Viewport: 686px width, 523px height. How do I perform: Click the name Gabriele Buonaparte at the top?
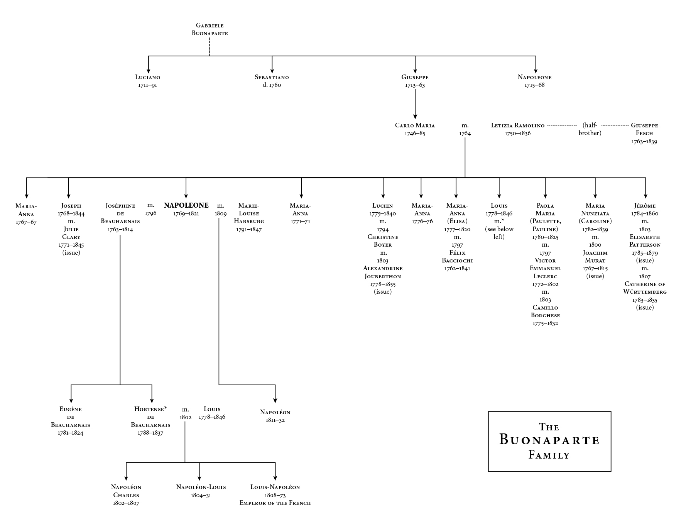(210, 29)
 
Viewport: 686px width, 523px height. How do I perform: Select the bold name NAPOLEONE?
(186, 206)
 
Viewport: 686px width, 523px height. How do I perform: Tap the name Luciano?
(147, 77)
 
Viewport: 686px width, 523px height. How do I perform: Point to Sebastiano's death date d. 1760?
(272, 85)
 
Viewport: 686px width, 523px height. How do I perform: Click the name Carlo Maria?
(415, 125)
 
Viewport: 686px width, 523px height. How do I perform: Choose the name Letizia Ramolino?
(517, 125)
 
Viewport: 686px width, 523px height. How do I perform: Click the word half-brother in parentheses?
(590, 129)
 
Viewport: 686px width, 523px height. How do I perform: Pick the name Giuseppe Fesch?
(644, 129)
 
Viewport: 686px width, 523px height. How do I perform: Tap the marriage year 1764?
(465, 134)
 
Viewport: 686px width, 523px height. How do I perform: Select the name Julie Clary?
(71, 233)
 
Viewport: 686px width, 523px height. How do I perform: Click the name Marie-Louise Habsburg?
(249, 213)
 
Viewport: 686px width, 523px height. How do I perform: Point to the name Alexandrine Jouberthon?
(383, 272)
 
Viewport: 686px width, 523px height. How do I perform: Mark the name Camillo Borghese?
(545, 311)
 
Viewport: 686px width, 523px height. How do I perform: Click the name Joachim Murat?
(595, 257)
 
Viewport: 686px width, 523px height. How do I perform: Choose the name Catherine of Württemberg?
(645, 288)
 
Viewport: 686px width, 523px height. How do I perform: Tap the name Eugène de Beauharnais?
(71, 417)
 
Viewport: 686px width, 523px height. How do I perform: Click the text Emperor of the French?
(275, 503)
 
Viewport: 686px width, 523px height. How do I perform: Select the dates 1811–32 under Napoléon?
(275, 420)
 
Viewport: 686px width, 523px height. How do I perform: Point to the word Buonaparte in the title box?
(549, 440)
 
